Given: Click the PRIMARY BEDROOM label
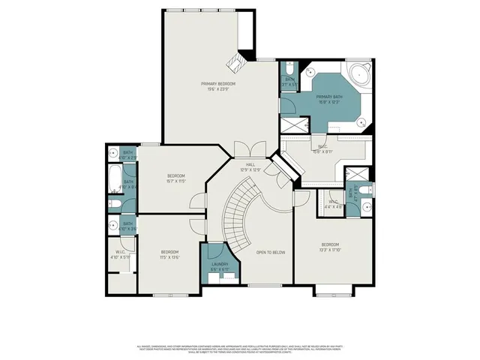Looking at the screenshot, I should (x=218, y=86).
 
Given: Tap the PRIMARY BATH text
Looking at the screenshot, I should (x=328, y=100).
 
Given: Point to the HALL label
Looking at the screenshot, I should (x=250, y=166).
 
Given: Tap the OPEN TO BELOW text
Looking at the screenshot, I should (x=270, y=253).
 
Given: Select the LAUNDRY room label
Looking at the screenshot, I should (x=220, y=267).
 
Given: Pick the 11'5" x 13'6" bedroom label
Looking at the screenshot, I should (x=169, y=253).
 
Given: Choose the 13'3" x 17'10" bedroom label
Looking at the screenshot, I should (x=331, y=247).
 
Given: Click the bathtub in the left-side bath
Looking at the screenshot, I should (x=114, y=180).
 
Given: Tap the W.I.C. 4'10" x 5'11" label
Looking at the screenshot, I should (x=120, y=254).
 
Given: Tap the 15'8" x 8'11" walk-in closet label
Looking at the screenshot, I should (x=325, y=148).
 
